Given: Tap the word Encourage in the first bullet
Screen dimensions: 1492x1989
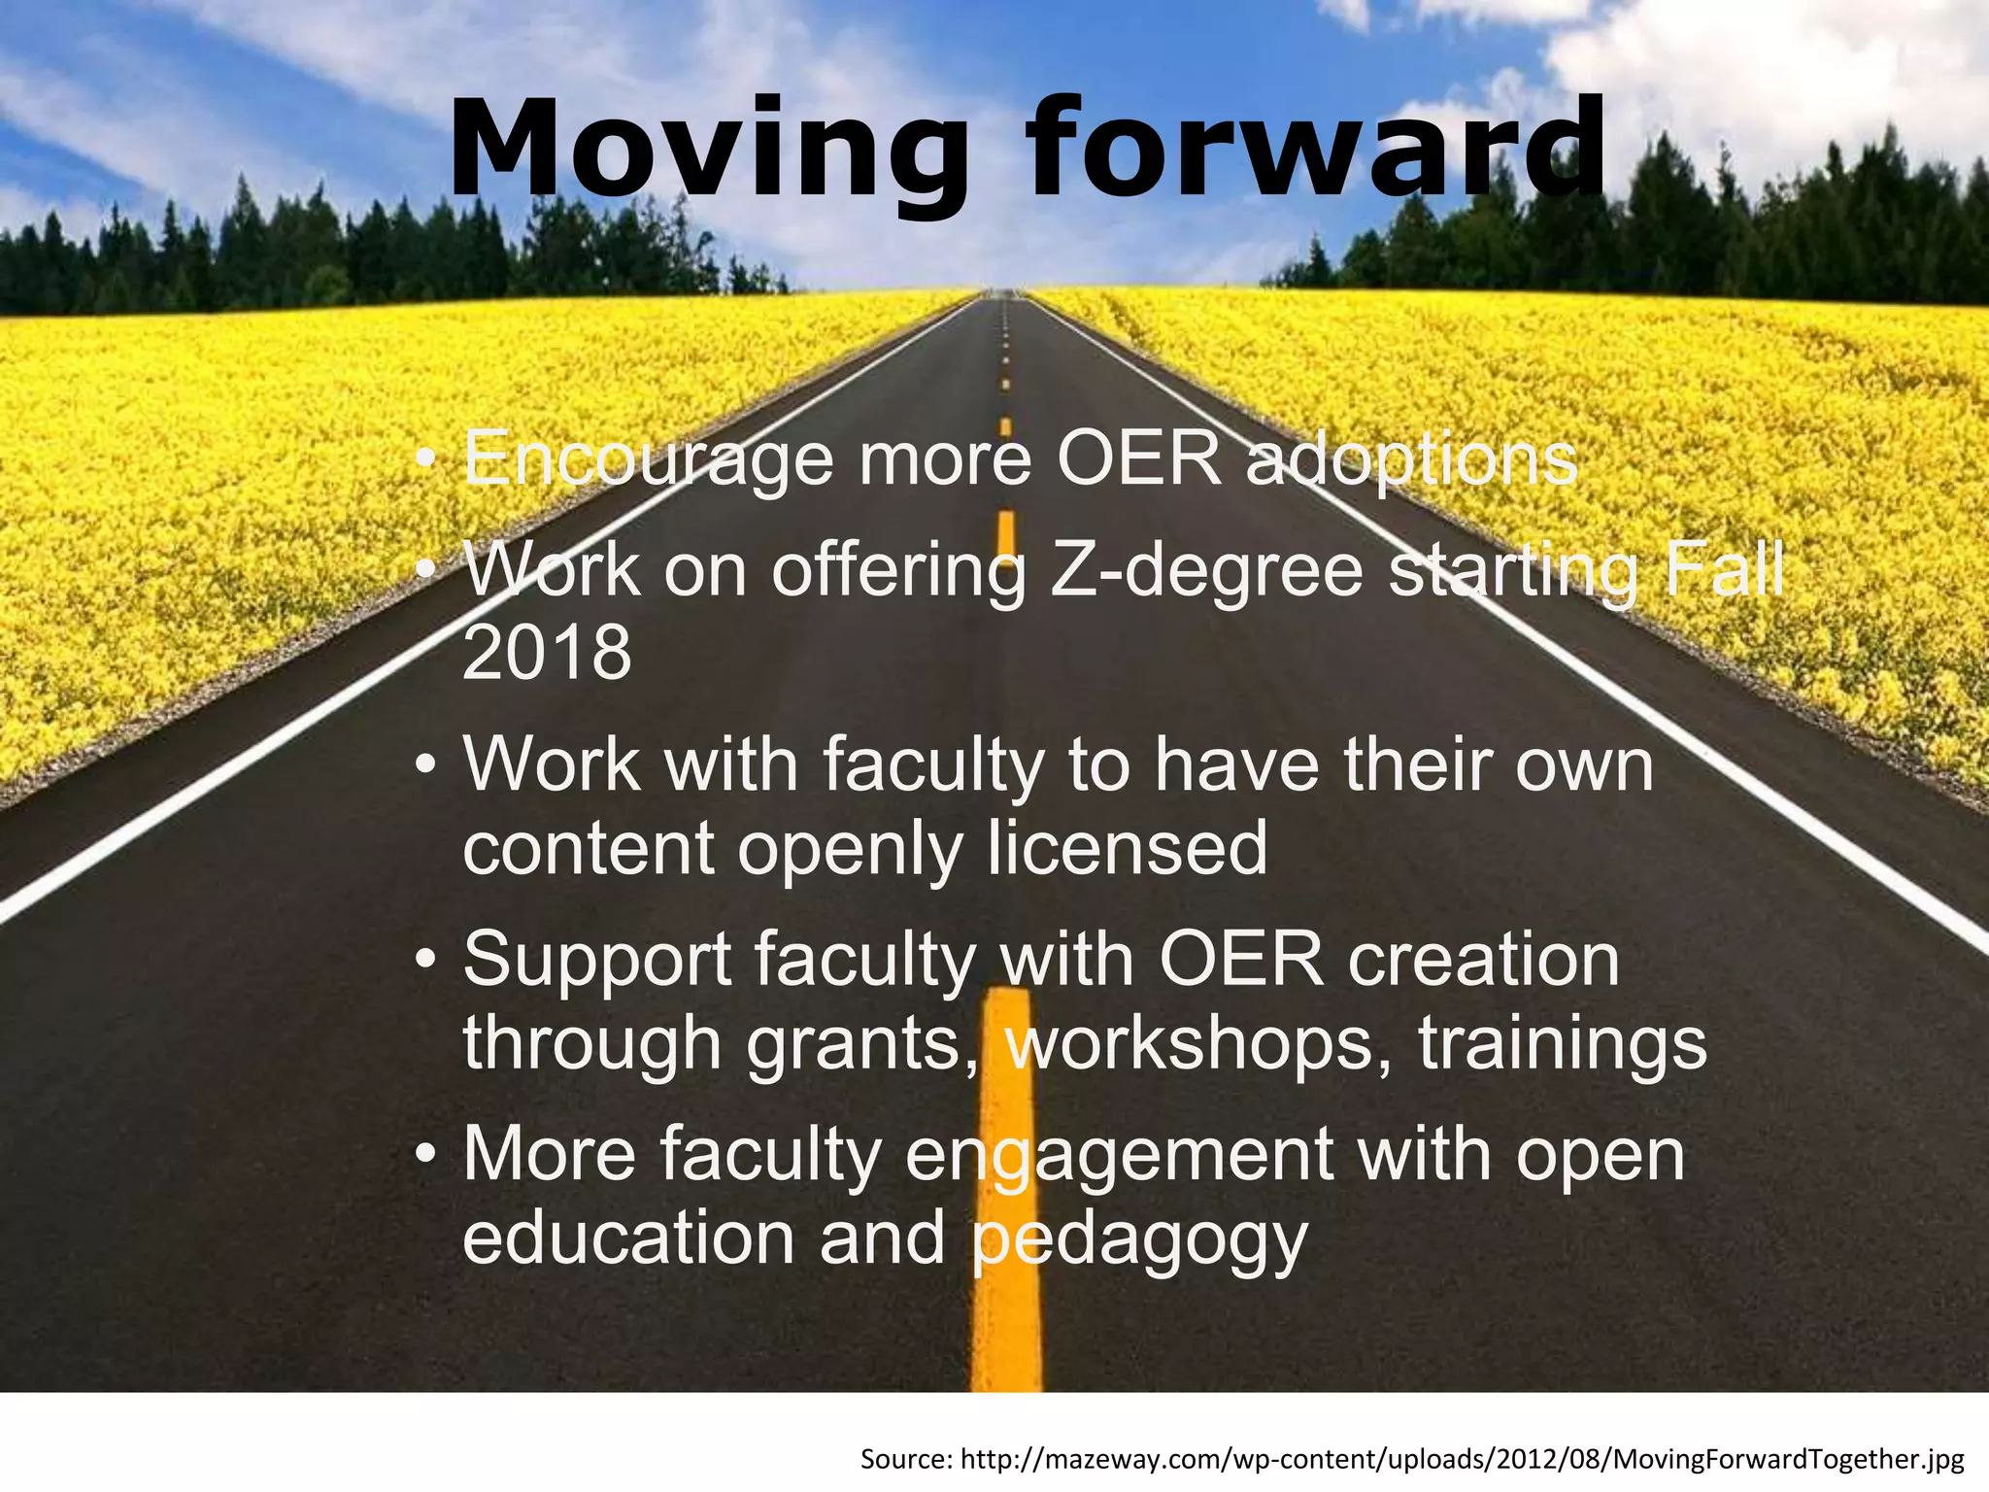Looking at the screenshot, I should pyautogui.click(x=648, y=458).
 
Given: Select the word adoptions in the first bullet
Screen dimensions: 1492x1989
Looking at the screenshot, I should pyautogui.click(x=1411, y=458).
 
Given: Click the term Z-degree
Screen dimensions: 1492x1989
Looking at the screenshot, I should pyautogui.click(x=1207, y=570).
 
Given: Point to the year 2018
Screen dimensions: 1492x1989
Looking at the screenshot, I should pyautogui.click(x=547, y=653).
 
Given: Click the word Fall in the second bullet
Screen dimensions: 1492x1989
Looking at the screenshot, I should pyautogui.click(x=1724, y=570).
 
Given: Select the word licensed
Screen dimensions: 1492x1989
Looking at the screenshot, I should pyautogui.click(x=1128, y=849).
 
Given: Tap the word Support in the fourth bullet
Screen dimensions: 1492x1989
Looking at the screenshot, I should pyautogui.click(x=596, y=960).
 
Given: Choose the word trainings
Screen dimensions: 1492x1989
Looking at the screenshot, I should pyautogui.click(x=1562, y=1043).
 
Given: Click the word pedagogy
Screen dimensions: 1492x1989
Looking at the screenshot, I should pyautogui.click(x=1140, y=1240).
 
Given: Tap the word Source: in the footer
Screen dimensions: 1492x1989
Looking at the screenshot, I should pyautogui.click(x=906, y=1459).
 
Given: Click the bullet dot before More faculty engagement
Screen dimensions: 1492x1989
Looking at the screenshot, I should pyautogui.click(x=424, y=1156).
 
